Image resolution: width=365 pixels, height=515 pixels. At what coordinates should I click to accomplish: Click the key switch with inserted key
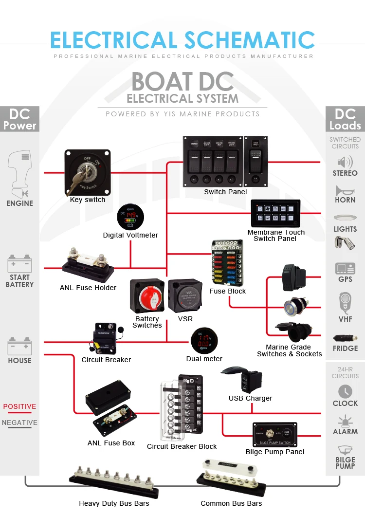pos(88,172)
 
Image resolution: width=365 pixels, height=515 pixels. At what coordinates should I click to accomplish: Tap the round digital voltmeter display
pos(130,217)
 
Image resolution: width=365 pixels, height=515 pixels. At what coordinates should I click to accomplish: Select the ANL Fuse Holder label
pos(88,288)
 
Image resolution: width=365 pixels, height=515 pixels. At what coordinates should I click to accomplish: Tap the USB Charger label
pos(250,398)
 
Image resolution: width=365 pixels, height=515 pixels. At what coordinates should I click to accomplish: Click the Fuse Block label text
pos(227,291)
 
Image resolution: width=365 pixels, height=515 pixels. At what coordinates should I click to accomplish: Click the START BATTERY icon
pos(19,264)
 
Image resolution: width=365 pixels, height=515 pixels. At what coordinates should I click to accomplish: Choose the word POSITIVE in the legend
pos(19,406)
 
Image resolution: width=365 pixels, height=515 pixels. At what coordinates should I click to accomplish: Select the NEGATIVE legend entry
pos(19,423)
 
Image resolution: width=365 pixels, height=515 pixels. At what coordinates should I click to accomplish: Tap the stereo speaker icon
pos(345,162)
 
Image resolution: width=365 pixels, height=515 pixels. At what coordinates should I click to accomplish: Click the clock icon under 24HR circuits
pos(345,391)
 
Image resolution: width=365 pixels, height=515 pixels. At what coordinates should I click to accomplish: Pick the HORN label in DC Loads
pos(345,200)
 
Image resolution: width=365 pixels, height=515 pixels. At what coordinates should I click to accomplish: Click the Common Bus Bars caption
pos(231,503)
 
